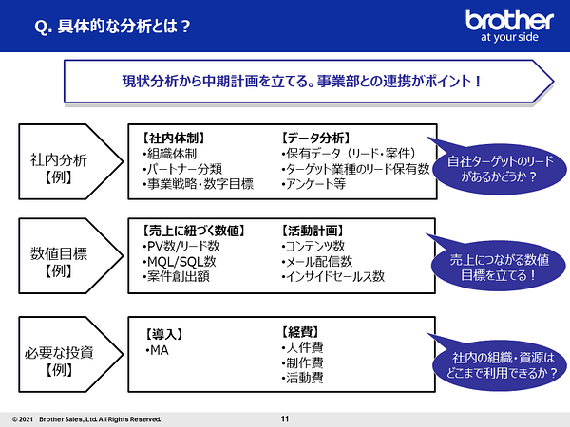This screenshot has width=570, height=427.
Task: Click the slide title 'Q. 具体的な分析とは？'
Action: (112, 27)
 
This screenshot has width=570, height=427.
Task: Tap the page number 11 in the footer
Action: (285, 418)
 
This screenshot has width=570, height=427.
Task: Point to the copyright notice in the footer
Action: (86, 419)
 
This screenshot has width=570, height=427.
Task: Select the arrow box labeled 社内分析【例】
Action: (71, 161)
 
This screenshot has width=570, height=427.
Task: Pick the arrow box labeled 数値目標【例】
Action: (71, 255)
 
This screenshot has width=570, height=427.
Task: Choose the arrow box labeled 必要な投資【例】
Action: (71, 354)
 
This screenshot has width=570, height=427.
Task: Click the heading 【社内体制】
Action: (174, 138)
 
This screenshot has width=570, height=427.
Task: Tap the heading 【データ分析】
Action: (315, 138)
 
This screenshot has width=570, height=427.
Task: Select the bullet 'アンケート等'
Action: (313, 184)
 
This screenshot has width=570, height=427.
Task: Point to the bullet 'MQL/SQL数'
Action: (180, 262)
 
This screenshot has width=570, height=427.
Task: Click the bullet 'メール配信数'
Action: (317, 262)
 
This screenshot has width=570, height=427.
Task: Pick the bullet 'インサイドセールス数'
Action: (333, 277)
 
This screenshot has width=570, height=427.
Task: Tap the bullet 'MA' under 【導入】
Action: (157, 350)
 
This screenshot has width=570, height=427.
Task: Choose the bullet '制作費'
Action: (302, 362)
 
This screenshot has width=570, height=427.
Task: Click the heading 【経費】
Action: (300, 332)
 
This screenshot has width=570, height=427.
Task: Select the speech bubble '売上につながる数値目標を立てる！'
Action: (498, 266)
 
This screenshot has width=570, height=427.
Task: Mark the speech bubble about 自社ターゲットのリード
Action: (499, 168)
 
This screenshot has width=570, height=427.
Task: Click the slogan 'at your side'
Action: (509, 37)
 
